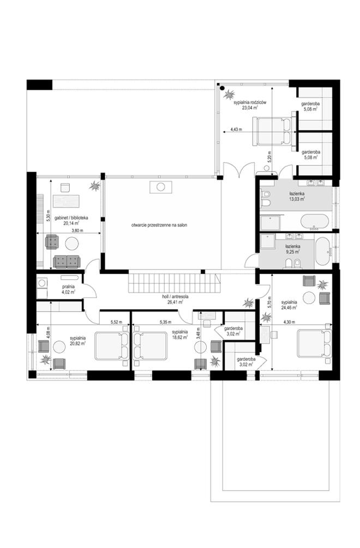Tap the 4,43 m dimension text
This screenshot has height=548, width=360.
(235, 130)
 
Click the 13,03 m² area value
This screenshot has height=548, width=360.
(297, 199)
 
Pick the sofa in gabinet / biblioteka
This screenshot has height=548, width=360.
(67, 261)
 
